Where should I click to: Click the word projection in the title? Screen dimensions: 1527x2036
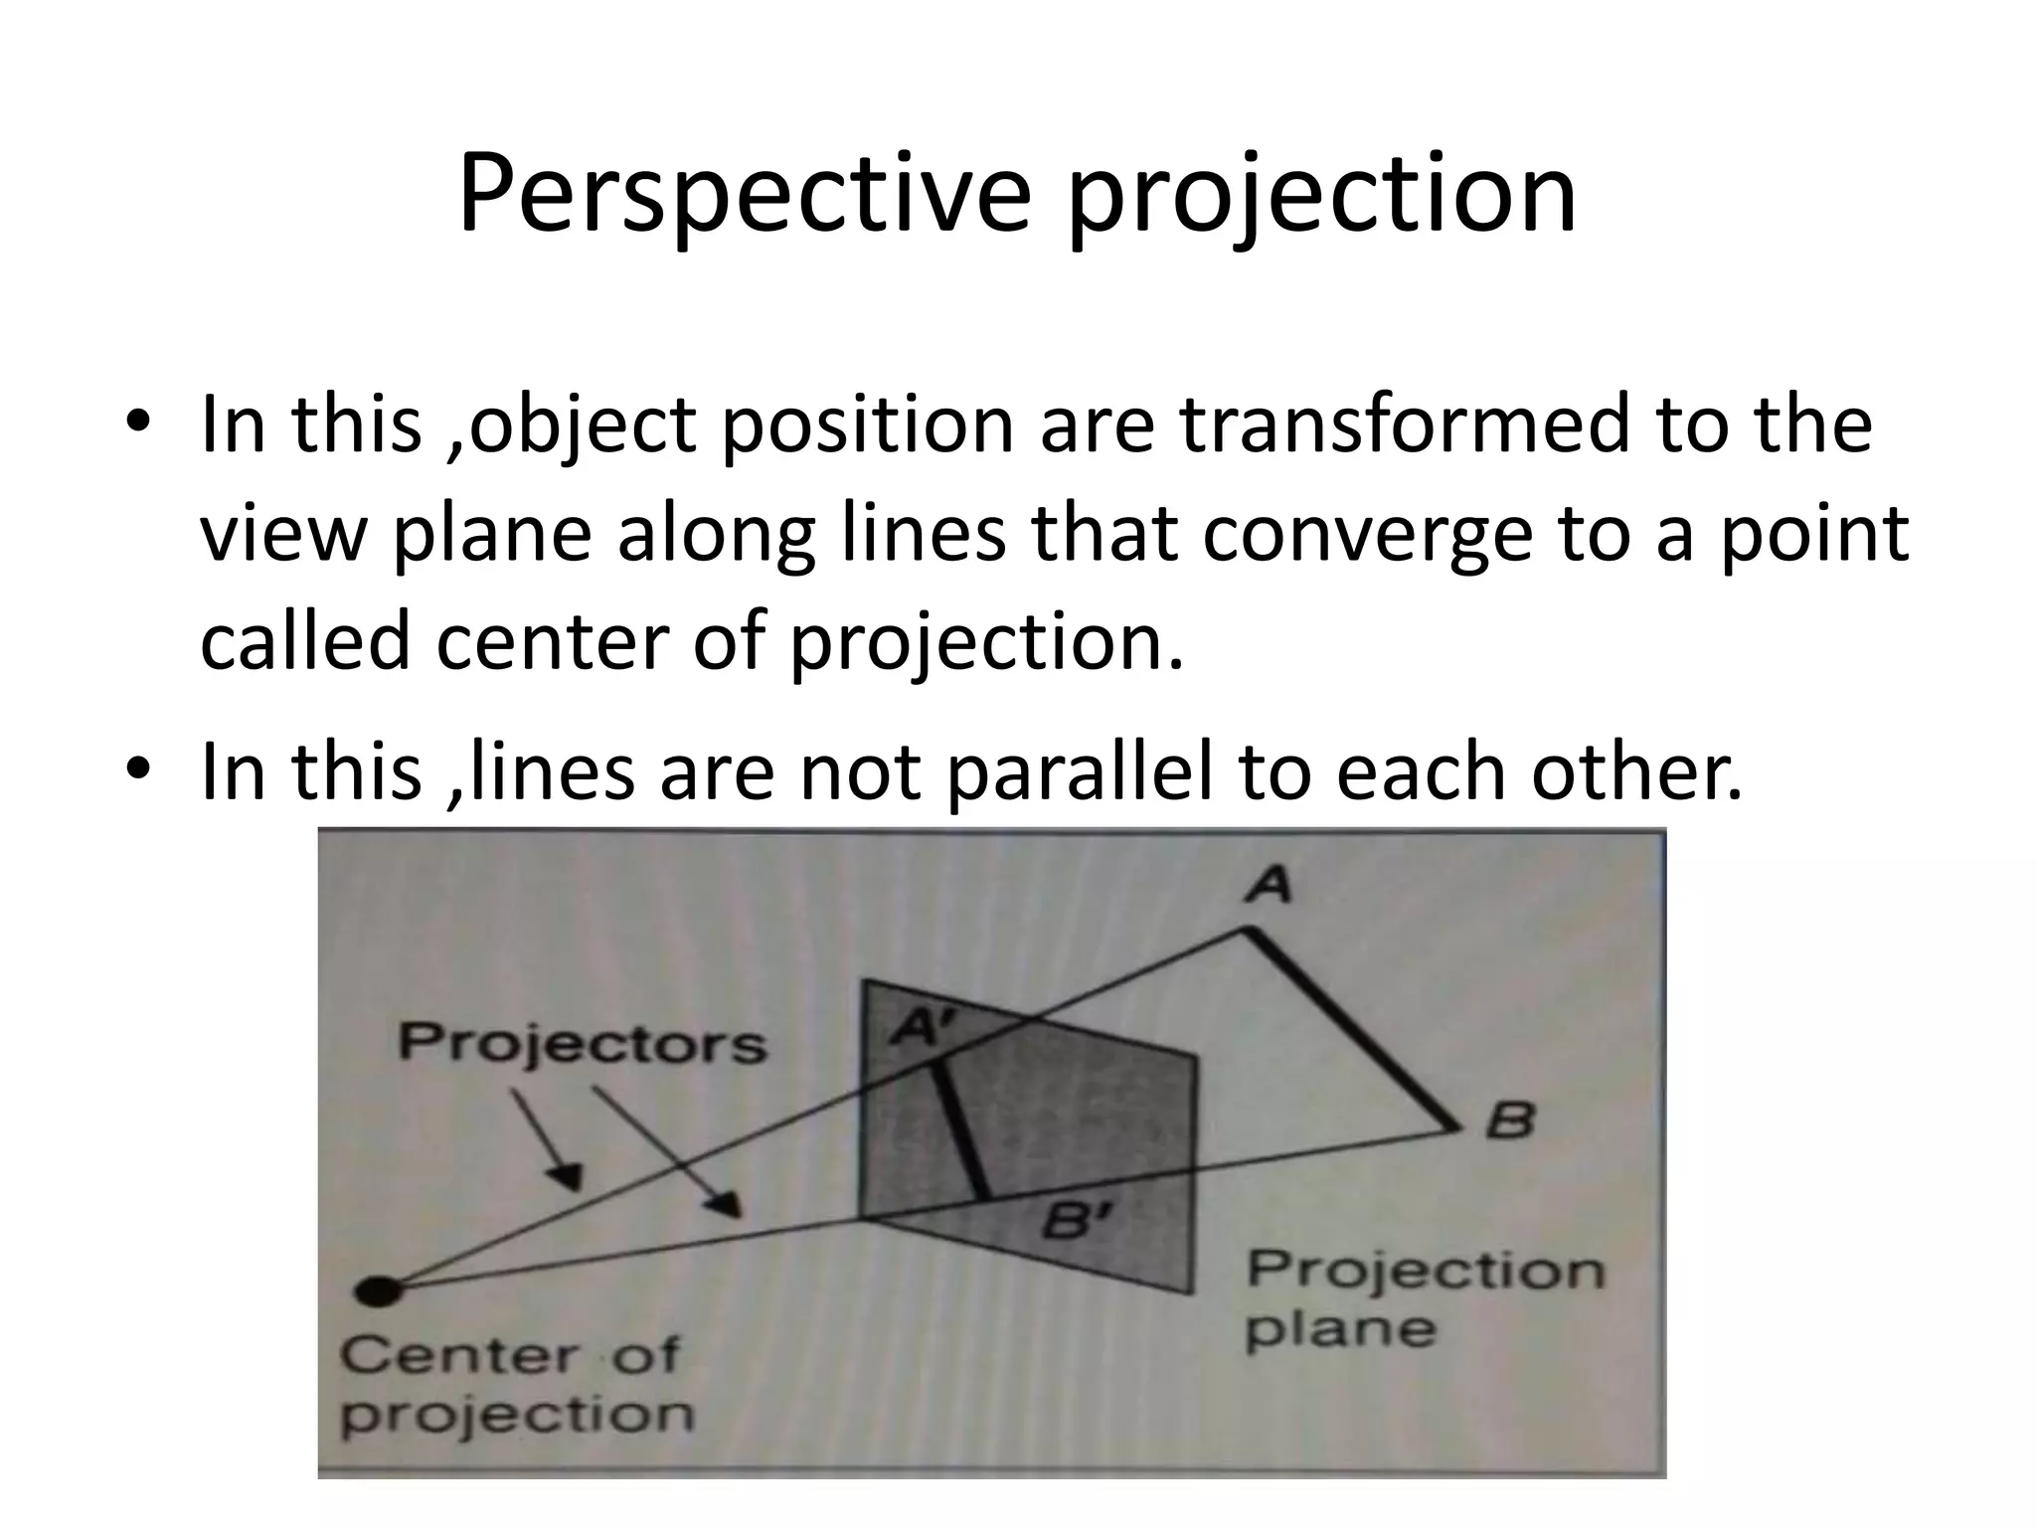[x=1321, y=194]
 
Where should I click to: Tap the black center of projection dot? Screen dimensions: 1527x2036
[x=379, y=1291]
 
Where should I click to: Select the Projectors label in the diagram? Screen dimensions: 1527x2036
[x=583, y=1043]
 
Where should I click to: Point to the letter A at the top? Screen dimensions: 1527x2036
[x=1268, y=883]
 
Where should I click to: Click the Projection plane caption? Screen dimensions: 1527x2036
[x=1424, y=1299]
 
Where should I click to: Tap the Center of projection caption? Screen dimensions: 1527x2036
[x=515, y=1383]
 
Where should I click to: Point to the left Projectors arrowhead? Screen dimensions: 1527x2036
[x=568, y=1178]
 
